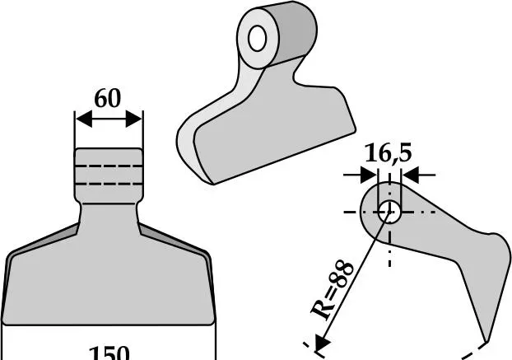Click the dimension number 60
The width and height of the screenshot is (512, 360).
(108, 98)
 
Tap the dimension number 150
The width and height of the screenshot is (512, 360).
(109, 353)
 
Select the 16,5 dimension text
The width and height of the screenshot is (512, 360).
(388, 153)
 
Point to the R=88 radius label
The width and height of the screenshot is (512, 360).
(332, 290)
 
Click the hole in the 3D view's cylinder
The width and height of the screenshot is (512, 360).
(258, 38)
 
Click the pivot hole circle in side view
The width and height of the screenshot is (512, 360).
(389, 212)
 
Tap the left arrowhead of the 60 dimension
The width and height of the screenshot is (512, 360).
(84, 119)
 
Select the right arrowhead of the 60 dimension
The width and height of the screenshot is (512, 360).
(134, 119)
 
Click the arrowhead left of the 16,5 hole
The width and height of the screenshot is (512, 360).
(369, 175)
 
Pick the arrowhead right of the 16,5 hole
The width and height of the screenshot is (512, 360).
(410, 175)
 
